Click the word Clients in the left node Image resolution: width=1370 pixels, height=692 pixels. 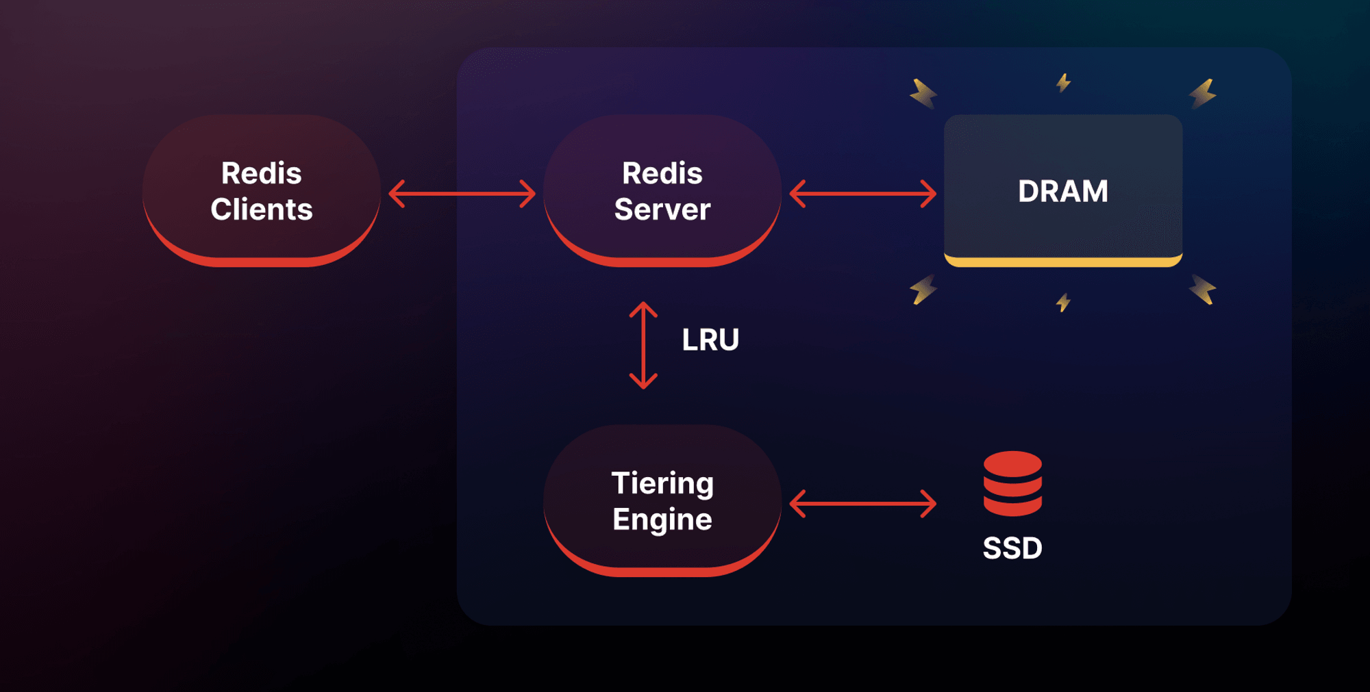pyautogui.click(x=262, y=209)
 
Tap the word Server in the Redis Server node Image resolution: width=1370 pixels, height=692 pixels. pyautogui.click(x=662, y=209)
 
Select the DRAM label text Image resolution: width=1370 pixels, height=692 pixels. pyautogui.click(x=1063, y=191)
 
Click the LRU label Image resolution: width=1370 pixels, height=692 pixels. pyautogui.click(x=710, y=339)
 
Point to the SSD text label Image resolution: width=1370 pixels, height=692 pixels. pyautogui.click(x=1012, y=548)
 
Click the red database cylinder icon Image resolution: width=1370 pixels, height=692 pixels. pyautogui.click(x=1012, y=483)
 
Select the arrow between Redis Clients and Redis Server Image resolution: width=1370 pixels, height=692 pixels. pyautogui.click(x=462, y=194)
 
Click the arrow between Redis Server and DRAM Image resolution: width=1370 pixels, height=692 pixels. pyautogui.click(x=862, y=194)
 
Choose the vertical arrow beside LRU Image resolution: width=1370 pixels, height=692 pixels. pyautogui.click(x=643, y=346)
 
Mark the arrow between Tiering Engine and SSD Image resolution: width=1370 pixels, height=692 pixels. pyautogui.click(x=862, y=504)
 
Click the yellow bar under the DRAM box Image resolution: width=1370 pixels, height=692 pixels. pyautogui.click(x=1063, y=261)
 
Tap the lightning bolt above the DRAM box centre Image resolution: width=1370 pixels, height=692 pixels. pyautogui.click(x=1063, y=83)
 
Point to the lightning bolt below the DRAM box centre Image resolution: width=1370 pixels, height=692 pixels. pyautogui.click(x=1063, y=302)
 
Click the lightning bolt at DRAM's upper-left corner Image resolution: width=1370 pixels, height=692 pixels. pyautogui.click(x=923, y=94)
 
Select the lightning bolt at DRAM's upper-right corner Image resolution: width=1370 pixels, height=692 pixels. pyautogui.click(x=1203, y=94)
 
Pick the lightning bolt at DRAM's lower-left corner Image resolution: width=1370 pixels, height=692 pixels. pyautogui.click(x=923, y=290)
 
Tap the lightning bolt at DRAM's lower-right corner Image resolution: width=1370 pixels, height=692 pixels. pyautogui.click(x=1203, y=290)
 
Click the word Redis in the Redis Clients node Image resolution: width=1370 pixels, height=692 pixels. pyautogui.click(x=262, y=173)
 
